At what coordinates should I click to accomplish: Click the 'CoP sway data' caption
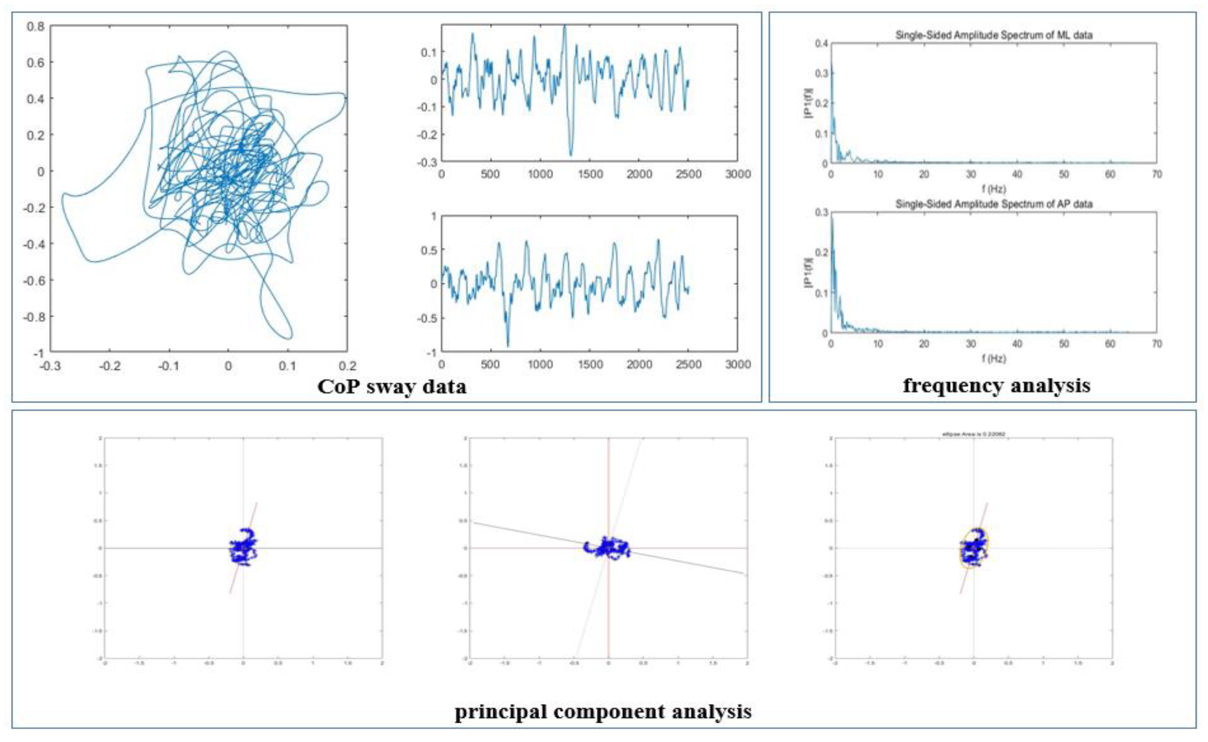[392, 387]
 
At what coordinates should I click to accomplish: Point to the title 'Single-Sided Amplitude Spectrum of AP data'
[994, 204]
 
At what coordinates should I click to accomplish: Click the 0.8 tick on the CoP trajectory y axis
[35, 26]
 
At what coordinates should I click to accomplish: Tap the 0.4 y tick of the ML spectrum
[822, 44]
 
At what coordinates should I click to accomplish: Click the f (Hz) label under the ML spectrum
[994, 188]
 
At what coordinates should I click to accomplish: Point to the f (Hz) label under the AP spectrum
[994, 359]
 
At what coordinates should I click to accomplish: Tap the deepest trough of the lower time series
[508, 346]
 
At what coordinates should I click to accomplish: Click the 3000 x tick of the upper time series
[737, 174]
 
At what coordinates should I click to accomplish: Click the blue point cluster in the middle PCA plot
[607, 548]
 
